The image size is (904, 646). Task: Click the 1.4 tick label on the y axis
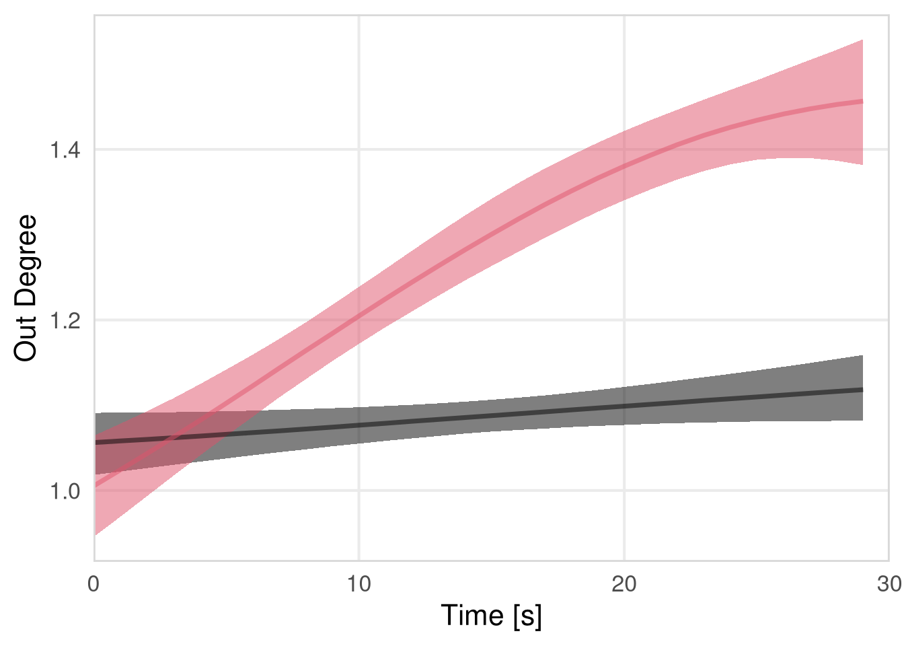(65, 149)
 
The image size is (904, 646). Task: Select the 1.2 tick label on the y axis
(65, 320)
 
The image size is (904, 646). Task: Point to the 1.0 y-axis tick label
(65, 491)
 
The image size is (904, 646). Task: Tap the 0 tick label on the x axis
(94, 584)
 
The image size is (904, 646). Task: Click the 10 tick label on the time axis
(359, 584)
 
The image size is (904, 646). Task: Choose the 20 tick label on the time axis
(624, 584)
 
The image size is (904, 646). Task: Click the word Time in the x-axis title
(472, 616)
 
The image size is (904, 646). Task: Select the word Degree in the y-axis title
(26, 262)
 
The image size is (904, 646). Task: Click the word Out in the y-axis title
(26, 340)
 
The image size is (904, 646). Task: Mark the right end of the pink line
(862, 101)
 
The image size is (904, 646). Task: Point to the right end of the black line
(862, 390)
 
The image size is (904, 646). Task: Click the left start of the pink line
(95, 485)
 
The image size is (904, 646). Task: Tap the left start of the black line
(95, 442)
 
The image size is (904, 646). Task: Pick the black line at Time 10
(359, 425)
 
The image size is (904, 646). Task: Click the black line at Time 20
(624, 406)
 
